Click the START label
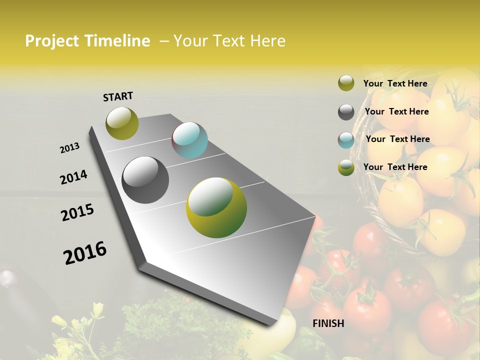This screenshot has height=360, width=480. [x=118, y=96]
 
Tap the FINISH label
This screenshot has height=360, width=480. [x=328, y=323]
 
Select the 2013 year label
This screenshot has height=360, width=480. [x=69, y=148]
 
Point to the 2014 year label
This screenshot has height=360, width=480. [x=73, y=177]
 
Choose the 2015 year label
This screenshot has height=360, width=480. [x=77, y=212]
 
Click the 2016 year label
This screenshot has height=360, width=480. [x=85, y=252]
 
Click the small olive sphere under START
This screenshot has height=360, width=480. [x=122, y=123]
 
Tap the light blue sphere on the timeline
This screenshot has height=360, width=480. [x=189, y=140]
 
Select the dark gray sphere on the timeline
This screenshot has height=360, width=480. [x=145, y=180]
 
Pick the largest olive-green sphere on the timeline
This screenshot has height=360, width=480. [x=216, y=207]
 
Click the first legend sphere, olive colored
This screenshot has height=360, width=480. [x=346, y=83]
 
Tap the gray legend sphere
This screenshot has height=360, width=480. [x=346, y=112]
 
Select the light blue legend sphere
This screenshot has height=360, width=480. [x=346, y=140]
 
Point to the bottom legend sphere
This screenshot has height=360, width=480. [x=346, y=167]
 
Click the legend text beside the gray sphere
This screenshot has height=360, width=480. [x=396, y=111]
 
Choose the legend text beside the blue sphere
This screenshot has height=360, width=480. [x=397, y=139]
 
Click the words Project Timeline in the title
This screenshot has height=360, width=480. [x=87, y=41]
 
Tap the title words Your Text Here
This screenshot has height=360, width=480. [x=229, y=41]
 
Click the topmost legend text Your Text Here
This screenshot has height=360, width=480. [x=395, y=83]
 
